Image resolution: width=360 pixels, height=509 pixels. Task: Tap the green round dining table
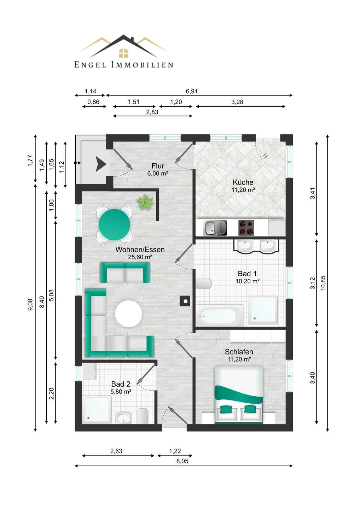(x=114, y=225)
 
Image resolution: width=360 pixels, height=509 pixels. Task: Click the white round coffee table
(x=128, y=314)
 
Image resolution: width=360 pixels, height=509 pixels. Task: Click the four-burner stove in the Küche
(x=246, y=228)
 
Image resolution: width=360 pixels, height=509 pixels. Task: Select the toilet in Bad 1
(x=204, y=283)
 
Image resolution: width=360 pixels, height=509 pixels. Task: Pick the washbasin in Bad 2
(x=123, y=418)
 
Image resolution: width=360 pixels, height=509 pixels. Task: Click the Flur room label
(x=158, y=166)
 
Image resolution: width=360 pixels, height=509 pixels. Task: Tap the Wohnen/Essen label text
(x=140, y=250)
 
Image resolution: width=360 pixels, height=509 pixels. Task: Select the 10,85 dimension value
(x=323, y=283)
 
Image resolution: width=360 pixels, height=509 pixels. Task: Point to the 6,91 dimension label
(x=192, y=91)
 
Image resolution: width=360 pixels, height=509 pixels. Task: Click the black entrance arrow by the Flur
(x=101, y=164)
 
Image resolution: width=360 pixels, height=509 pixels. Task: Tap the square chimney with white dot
(x=185, y=301)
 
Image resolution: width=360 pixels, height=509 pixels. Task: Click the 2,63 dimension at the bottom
(x=116, y=451)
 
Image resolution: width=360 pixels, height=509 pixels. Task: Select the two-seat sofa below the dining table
(x=125, y=273)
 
